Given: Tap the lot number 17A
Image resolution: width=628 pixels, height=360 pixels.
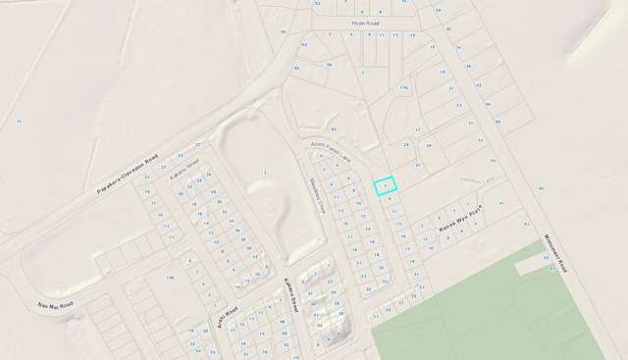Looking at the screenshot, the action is point(403,88).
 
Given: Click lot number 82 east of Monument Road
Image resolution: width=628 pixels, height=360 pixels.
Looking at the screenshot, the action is point(541,185).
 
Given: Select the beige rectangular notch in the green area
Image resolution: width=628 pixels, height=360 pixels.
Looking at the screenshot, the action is point(534,263).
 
